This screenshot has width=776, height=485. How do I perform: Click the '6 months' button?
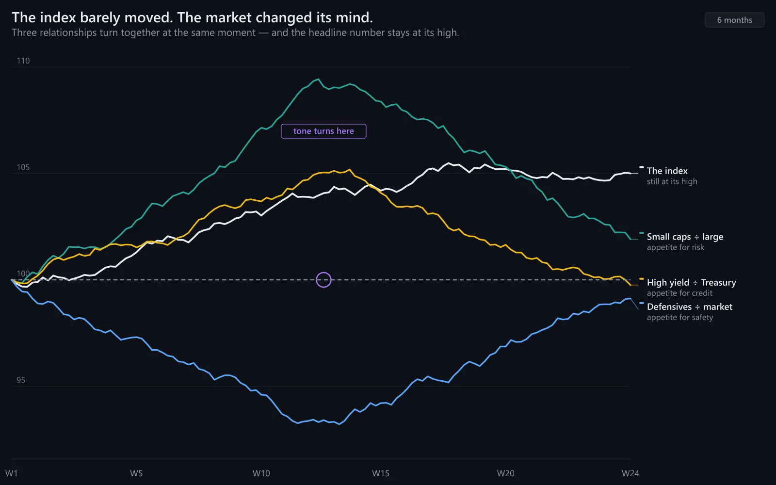734,20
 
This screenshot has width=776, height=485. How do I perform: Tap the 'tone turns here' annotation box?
323,131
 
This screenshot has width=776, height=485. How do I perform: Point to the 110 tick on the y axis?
23,61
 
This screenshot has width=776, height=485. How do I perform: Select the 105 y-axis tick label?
23,167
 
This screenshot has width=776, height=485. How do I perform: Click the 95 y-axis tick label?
21,380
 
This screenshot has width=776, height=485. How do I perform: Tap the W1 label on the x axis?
12,473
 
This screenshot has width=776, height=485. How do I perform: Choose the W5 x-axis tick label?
136,473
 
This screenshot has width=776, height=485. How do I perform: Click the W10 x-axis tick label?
261,473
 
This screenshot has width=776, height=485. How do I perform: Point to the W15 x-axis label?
381,473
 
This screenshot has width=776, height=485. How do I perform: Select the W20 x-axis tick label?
505,473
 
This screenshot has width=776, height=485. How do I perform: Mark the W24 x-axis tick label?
630,473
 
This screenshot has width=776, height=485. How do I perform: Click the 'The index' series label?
667,171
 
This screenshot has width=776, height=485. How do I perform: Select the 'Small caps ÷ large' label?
685,237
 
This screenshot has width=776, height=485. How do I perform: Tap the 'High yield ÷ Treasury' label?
692,282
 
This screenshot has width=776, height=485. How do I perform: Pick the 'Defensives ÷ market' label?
689,307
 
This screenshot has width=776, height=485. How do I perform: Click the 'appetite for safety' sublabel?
679,317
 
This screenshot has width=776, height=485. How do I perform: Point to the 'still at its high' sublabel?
672,181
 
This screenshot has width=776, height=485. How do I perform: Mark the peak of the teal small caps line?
318,80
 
